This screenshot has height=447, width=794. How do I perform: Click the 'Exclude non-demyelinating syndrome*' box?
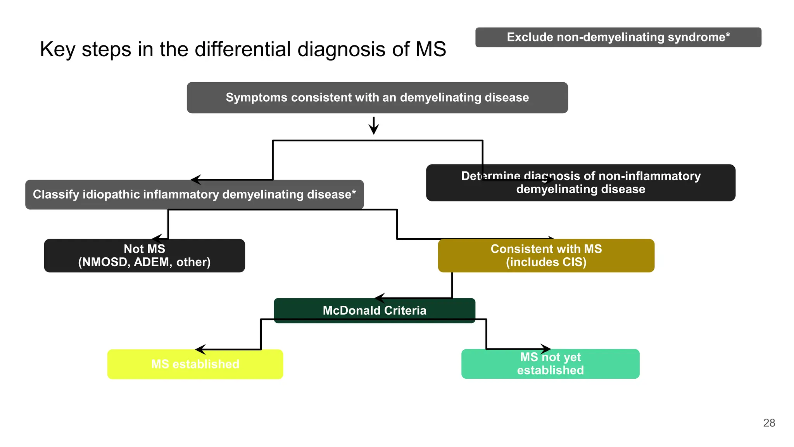(618, 37)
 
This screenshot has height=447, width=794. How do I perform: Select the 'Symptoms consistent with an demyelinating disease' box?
(377, 97)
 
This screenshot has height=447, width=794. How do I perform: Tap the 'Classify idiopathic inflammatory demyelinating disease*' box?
(194, 194)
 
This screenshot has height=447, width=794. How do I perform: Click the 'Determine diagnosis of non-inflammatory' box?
(580, 183)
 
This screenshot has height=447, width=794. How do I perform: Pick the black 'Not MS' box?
(144, 255)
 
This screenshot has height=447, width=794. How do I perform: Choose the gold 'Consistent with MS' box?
(546, 255)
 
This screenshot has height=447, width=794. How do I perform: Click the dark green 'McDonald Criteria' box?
(374, 310)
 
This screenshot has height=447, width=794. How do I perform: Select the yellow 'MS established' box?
(195, 364)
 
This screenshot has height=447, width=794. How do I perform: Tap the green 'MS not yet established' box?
(550, 364)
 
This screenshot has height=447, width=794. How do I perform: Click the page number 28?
(769, 423)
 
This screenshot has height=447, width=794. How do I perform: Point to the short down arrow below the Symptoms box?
(374, 126)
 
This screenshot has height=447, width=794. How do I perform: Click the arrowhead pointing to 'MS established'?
(200, 350)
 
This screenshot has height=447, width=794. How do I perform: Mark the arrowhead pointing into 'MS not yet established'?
(546, 349)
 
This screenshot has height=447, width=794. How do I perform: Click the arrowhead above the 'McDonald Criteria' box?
(380, 298)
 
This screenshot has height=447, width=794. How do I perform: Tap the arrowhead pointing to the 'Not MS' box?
(157, 239)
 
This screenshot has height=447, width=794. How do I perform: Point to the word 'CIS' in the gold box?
(572, 262)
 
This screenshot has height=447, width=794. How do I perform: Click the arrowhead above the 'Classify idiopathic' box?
(196, 180)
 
